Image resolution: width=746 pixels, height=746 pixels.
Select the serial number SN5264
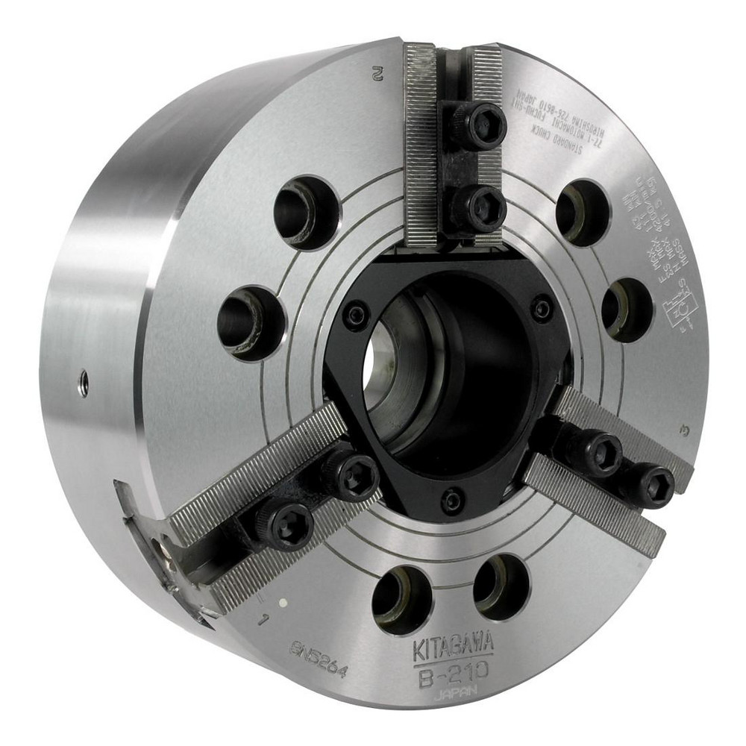(x=319, y=657)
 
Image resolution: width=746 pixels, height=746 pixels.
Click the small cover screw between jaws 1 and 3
(x=451, y=500)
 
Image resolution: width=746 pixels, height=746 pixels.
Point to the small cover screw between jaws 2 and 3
(x=542, y=308)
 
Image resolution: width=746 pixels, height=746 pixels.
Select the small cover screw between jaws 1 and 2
(x=356, y=315)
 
